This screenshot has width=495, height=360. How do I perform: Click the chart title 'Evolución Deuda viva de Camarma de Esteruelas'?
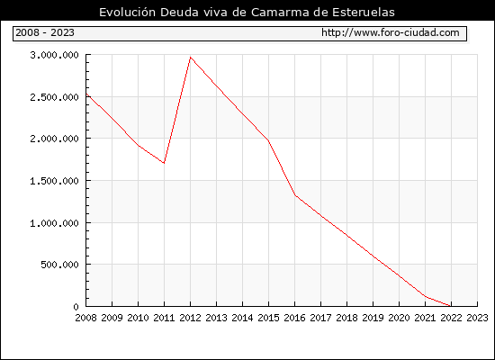coord(247,12)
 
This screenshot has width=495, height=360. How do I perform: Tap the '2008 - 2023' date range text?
coord(45,32)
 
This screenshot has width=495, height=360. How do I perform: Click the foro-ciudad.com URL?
coord(391,32)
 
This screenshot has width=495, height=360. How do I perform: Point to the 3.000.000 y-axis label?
coord(54,55)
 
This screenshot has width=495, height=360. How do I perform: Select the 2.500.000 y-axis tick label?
coord(54,97)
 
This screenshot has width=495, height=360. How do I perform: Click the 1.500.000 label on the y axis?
coord(54,181)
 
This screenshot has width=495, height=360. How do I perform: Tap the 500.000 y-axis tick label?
coord(59,265)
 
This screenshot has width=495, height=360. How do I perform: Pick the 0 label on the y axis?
coord(76,306)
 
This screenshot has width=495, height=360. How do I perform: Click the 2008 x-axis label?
coord(85,318)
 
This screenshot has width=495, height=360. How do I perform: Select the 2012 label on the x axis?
coord(191,318)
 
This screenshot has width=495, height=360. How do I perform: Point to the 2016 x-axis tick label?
coord(295,318)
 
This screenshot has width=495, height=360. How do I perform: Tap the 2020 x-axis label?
coord(399,318)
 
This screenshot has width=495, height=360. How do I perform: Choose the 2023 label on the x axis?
coord(477,318)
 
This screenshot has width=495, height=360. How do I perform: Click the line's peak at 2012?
coord(191,58)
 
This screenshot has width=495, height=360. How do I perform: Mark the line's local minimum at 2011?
coord(164,163)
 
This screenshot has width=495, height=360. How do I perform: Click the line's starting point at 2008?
coord(86,94)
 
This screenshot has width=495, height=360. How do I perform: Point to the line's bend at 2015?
coord(269,140)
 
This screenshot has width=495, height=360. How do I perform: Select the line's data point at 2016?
coord(295,195)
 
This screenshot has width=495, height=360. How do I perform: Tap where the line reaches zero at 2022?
coord(451,306)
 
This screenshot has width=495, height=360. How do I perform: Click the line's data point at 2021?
coord(425,296)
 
